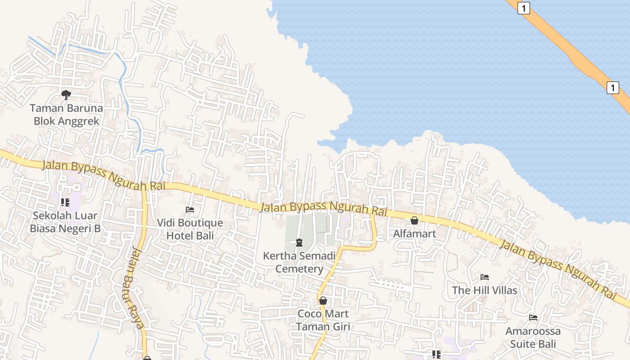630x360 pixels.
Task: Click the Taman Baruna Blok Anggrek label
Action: tap(67, 115)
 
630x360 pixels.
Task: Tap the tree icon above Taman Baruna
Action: tap(66, 94)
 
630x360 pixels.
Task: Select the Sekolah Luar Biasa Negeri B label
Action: tap(65, 222)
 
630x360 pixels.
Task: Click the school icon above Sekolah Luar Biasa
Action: tap(65, 202)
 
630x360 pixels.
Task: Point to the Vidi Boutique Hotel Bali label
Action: tap(190, 229)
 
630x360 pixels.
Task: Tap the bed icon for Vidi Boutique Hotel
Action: tap(190, 210)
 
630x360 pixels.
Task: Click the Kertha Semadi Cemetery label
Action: tap(299, 262)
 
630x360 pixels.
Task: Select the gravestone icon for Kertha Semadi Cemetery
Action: tap(299, 243)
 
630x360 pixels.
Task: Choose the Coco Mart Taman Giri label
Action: tap(323, 320)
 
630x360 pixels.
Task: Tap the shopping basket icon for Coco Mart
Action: tap(323, 301)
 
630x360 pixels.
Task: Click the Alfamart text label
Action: tap(414, 234)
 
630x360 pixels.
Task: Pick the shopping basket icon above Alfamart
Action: tap(414, 220)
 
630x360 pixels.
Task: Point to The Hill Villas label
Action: tap(485, 290)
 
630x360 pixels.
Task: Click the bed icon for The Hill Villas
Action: tap(485, 277)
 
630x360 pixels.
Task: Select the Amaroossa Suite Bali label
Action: tap(533, 337)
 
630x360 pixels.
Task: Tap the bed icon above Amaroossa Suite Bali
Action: tap(533, 318)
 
